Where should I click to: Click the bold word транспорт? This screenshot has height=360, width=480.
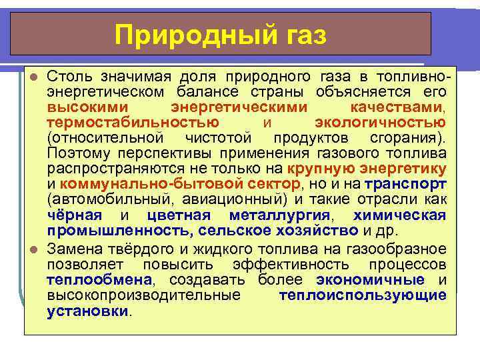tap(413, 184)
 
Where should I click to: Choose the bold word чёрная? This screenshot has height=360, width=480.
tap(75, 215)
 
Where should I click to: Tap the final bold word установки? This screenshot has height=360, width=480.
tap(87, 311)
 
